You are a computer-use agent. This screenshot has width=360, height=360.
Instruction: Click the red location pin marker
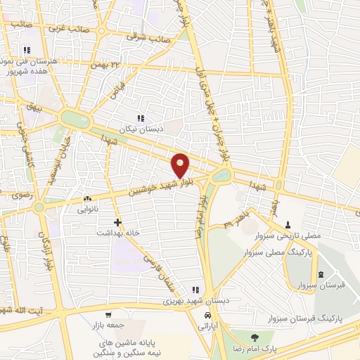click(x=181, y=166)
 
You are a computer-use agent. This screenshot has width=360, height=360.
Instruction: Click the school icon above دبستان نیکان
click(x=141, y=118)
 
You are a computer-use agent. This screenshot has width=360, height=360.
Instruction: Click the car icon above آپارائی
click(x=205, y=316)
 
